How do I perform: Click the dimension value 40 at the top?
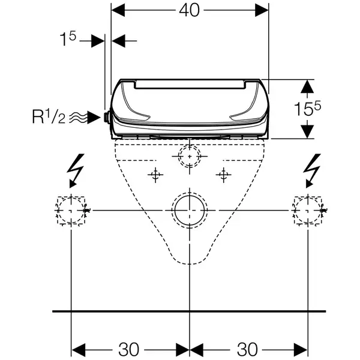point(189,11)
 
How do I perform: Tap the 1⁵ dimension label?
point(68,39)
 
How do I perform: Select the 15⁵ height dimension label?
point(308,109)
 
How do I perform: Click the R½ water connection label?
point(49,118)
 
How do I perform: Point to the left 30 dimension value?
point(128,349)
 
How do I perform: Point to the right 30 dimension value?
point(247,349)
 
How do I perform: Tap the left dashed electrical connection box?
point(58,210)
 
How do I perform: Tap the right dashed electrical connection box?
point(295,210)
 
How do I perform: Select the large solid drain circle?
point(190,224)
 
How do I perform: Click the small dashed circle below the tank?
point(190,145)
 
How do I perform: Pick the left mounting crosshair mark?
point(155,175)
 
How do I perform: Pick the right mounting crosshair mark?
point(223,175)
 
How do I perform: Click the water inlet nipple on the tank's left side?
point(107,118)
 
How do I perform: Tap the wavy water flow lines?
point(79,118)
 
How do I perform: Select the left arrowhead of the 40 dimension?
point(118,10)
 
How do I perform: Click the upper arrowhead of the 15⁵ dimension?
point(307,86)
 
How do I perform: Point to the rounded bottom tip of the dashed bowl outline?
point(190,264)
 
